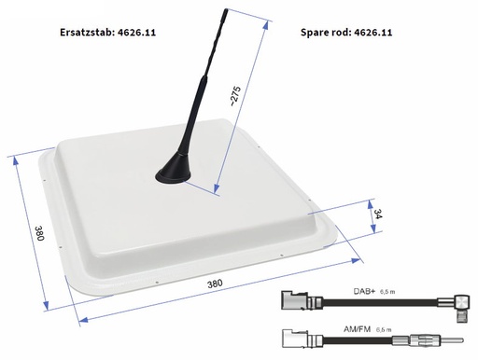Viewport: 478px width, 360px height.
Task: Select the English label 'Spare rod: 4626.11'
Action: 345,31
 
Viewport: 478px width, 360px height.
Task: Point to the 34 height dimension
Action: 376,216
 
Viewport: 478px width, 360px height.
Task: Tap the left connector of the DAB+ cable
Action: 297,304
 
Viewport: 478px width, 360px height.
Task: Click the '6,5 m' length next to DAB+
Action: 399,291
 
